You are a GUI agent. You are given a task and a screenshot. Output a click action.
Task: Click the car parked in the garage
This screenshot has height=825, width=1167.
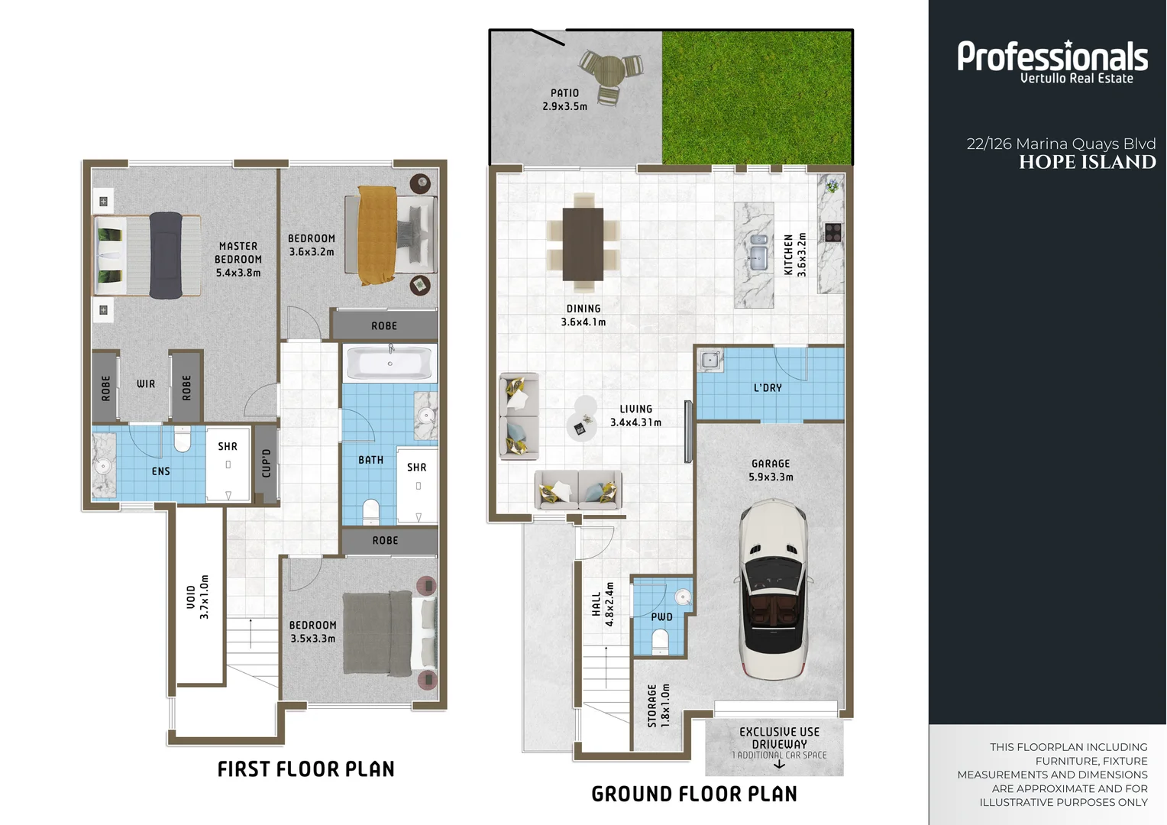click(x=771, y=590)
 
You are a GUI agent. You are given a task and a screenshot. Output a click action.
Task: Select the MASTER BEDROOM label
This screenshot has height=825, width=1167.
click(x=238, y=259)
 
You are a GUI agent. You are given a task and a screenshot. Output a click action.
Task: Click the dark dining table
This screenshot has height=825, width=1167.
click(x=583, y=244)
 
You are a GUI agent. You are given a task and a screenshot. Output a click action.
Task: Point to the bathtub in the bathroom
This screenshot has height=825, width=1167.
click(x=390, y=363)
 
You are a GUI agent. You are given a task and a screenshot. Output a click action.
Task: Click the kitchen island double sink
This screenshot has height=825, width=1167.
click(x=758, y=251)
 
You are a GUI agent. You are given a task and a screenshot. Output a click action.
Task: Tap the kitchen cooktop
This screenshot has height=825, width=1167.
click(x=832, y=232)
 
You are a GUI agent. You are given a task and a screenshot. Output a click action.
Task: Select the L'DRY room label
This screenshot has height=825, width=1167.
click(x=768, y=388)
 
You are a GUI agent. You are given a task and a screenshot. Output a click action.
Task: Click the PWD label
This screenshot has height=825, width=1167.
click(x=662, y=617)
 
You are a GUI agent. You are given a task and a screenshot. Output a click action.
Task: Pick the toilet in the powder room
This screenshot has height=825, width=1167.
click(x=661, y=642)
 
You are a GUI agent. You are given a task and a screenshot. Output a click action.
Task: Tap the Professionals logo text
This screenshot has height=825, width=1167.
click(x=1052, y=57)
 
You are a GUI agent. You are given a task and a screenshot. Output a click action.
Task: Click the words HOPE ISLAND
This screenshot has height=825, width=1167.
click(x=1087, y=163)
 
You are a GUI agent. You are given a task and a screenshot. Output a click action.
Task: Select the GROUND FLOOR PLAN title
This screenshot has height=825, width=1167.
click(x=694, y=794)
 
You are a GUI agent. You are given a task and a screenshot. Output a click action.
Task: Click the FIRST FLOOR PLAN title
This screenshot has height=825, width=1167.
click(x=306, y=769)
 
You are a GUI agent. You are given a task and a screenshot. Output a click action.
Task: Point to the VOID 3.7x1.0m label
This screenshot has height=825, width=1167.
click(x=198, y=597)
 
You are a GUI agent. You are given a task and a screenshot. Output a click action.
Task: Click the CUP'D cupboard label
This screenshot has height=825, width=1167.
click(x=266, y=463)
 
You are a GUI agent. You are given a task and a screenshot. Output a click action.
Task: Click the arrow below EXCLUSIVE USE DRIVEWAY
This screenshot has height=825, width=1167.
click(x=779, y=765)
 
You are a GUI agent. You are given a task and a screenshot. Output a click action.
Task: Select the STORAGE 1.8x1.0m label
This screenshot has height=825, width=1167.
click(x=658, y=705)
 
